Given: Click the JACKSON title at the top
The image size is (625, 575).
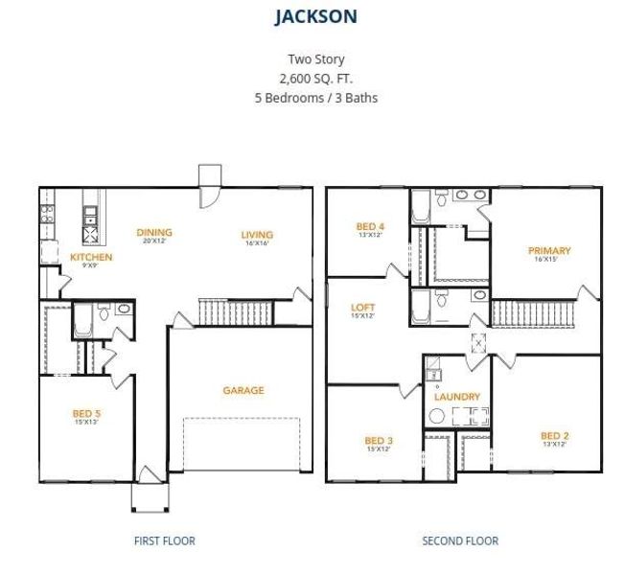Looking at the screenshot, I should click(x=316, y=17).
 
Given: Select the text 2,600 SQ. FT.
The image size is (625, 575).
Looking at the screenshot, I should click(x=316, y=79).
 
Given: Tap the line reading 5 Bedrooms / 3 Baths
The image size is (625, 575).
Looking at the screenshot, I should click(x=316, y=98).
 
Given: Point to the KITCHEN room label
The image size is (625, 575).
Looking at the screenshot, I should click(x=91, y=257).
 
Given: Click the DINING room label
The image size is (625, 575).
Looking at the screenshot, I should click(x=154, y=232).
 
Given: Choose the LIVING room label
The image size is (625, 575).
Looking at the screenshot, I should click(x=257, y=235).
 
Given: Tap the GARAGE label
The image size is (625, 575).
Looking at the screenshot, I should click(x=243, y=390).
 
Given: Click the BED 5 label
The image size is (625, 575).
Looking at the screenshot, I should click(x=86, y=414).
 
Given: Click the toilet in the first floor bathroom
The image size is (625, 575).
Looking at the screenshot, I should click(x=123, y=310).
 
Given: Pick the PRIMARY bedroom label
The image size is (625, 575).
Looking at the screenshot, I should click(x=549, y=251).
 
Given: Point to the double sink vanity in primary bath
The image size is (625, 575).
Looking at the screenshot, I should click(x=470, y=196).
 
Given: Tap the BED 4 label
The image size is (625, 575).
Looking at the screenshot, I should click(x=369, y=226).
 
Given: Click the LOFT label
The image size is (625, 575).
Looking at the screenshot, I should click(x=362, y=308).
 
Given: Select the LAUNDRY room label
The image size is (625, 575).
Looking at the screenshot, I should click(x=456, y=397).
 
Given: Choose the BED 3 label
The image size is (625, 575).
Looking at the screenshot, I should click(x=378, y=441).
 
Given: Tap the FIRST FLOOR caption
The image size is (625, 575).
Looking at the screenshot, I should click(x=164, y=541).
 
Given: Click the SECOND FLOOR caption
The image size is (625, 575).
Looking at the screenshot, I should click(x=460, y=541).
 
